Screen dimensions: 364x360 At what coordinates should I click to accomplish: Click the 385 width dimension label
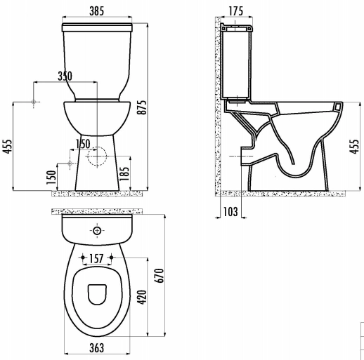pos(97,11)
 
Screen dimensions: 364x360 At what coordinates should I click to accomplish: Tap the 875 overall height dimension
pos(142,107)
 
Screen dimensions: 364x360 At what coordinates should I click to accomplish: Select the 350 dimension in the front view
pos(65,76)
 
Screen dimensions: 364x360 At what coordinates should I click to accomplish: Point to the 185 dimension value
pos(124,173)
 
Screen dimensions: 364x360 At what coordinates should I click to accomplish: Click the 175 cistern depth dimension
pos(236,11)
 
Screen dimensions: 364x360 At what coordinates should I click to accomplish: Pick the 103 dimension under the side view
pos(230,212)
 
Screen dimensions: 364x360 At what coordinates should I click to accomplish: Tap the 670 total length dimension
pos(160,276)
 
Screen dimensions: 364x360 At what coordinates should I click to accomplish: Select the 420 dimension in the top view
pos(142,298)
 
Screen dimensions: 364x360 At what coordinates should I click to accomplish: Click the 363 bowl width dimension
pos(97,348)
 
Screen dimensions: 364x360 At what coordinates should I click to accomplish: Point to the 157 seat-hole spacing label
pos(96,258)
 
